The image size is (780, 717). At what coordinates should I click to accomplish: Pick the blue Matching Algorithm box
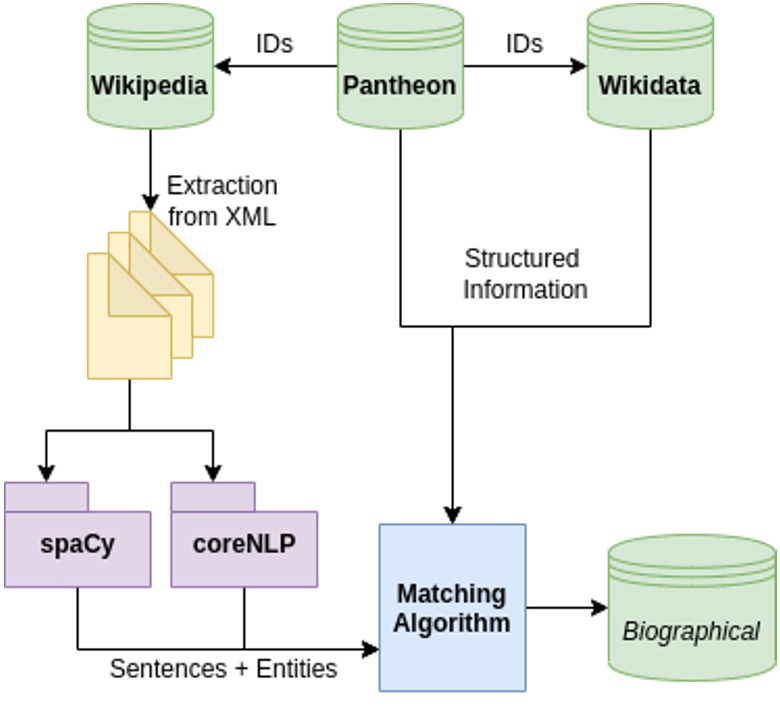click(x=452, y=607)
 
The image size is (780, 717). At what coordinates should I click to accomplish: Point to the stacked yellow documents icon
click(x=150, y=296)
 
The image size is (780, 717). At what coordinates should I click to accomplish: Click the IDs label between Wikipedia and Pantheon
click(x=275, y=44)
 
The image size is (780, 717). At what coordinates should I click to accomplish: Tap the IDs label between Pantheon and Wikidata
click(x=524, y=44)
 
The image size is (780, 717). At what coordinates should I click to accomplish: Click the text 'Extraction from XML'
click(x=222, y=201)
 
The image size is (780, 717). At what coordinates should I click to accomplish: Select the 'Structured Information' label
click(x=525, y=274)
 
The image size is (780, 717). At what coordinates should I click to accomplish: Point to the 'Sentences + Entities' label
click(x=223, y=668)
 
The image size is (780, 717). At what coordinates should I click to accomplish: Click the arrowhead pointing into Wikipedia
click(x=223, y=67)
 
